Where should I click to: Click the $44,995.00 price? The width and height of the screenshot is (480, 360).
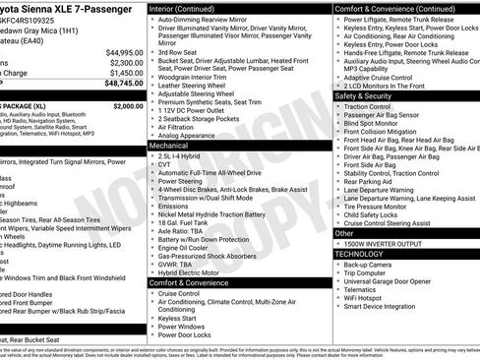click(x=119, y=52)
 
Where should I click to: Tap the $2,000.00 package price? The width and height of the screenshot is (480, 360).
click(x=128, y=105)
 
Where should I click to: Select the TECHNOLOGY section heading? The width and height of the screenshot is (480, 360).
click(x=360, y=254)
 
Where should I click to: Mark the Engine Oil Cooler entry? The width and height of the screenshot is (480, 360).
click(x=188, y=248)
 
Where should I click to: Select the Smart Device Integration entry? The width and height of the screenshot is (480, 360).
click(x=392, y=305)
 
